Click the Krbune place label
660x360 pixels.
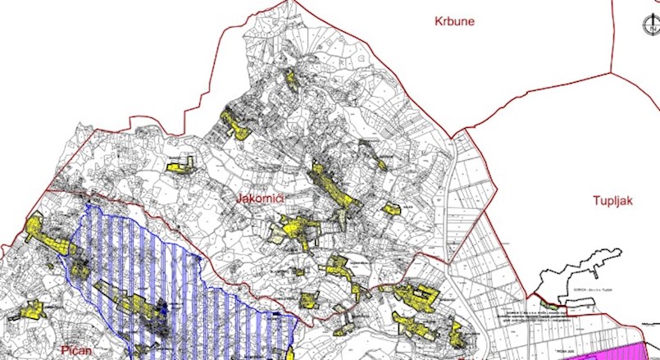[x=455, y=21]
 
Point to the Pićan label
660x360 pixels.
[x=80, y=350]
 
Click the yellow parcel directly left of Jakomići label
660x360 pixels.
[x=180, y=165]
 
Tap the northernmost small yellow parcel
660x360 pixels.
[x=289, y=76]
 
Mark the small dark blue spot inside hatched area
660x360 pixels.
[x=163, y=308]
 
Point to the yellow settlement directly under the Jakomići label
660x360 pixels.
[x=295, y=229]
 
